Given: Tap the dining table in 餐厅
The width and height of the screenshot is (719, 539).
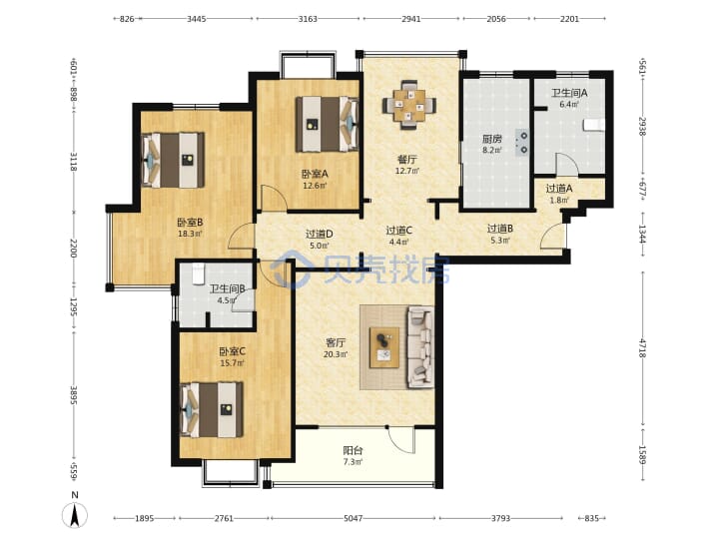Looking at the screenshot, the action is (409, 105).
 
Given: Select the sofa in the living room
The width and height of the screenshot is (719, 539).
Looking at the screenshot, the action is (421, 346).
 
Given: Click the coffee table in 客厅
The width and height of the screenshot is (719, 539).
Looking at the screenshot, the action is (384, 347).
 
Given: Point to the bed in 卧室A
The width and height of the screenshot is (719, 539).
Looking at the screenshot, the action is (327, 124).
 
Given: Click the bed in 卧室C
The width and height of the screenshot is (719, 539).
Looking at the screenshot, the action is (212, 410).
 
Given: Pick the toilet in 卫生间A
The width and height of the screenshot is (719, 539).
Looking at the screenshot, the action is (594, 125).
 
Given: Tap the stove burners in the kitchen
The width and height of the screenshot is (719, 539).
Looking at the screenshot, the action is (522, 143).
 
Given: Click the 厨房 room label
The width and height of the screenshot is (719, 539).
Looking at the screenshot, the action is (491, 139).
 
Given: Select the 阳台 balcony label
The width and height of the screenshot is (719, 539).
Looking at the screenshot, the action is (354, 450).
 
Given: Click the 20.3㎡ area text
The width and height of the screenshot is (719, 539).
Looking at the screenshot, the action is (336, 354).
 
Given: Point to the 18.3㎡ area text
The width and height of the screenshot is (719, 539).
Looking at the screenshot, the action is (191, 234).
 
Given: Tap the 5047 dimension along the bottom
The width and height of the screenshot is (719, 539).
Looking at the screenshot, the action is (354, 518).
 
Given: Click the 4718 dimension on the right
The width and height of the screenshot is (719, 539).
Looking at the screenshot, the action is (643, 348).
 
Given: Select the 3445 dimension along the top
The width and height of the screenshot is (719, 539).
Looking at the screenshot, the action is (197, 19).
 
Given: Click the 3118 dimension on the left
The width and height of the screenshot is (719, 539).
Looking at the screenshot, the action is (73, 162).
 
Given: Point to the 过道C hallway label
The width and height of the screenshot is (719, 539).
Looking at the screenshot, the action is (398, 231).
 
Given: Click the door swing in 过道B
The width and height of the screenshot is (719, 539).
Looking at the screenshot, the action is (551, 237).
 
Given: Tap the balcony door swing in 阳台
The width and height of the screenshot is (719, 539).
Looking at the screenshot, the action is (400, 440).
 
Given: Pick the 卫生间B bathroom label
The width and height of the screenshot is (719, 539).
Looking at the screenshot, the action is (227, 289).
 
